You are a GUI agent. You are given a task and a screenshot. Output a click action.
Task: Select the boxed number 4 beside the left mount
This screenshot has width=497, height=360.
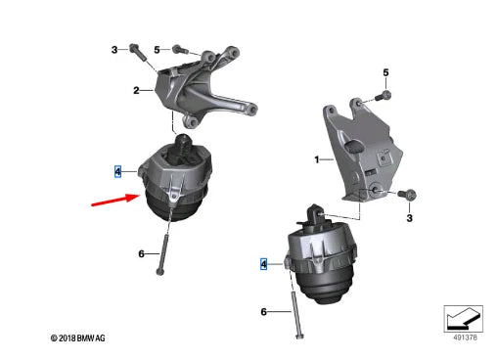[x=117, y=171]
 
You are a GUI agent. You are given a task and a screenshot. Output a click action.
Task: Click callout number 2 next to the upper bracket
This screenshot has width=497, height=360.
[x=137, y=90]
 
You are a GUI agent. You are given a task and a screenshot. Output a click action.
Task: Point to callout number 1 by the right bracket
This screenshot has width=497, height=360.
[x=315, y=158]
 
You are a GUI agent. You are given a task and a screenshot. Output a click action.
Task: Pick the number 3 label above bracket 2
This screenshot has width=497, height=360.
[x=113, y=49]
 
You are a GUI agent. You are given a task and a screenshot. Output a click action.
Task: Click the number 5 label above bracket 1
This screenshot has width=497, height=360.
[x=385, y=72]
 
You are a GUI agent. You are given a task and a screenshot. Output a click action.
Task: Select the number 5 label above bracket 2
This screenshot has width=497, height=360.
[x=158, y=49]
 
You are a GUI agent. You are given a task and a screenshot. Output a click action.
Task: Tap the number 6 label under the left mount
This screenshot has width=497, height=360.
[x=142, y=254]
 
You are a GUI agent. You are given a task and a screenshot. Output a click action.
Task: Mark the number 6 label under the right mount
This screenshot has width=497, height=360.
[x=263, y=312]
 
